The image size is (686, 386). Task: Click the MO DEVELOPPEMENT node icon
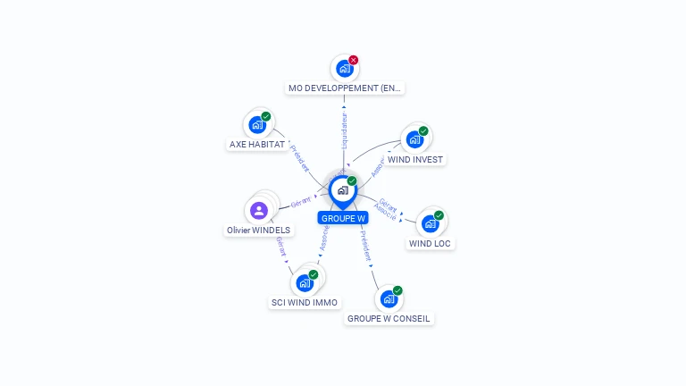point(344,69)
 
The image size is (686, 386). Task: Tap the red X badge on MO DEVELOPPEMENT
point(354,60)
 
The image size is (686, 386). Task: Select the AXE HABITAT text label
point(257,144)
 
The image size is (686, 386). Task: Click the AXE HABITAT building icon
point(257,124)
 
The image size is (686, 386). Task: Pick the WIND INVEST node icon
point(414,139)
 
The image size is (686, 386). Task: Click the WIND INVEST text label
point(415,160)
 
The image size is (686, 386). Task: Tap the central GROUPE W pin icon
point(342,190)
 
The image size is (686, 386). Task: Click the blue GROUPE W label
point(343,218)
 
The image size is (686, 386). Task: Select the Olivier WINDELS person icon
point(259,211)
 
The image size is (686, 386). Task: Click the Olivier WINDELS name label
point(258,231)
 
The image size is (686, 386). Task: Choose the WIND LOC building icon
point(430,223)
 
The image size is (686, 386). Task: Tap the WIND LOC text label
point(430,243)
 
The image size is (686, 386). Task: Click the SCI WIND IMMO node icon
point(305,282)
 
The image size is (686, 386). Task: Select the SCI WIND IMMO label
point(305,303)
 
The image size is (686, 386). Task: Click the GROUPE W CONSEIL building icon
point(389,298)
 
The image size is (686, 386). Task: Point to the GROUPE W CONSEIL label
point(389,319)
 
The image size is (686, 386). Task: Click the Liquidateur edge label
point(345,130)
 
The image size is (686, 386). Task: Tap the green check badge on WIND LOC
point(439,215)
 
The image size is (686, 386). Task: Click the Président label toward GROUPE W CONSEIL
point(366,245)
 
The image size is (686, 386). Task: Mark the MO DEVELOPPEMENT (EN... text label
point(345,88)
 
